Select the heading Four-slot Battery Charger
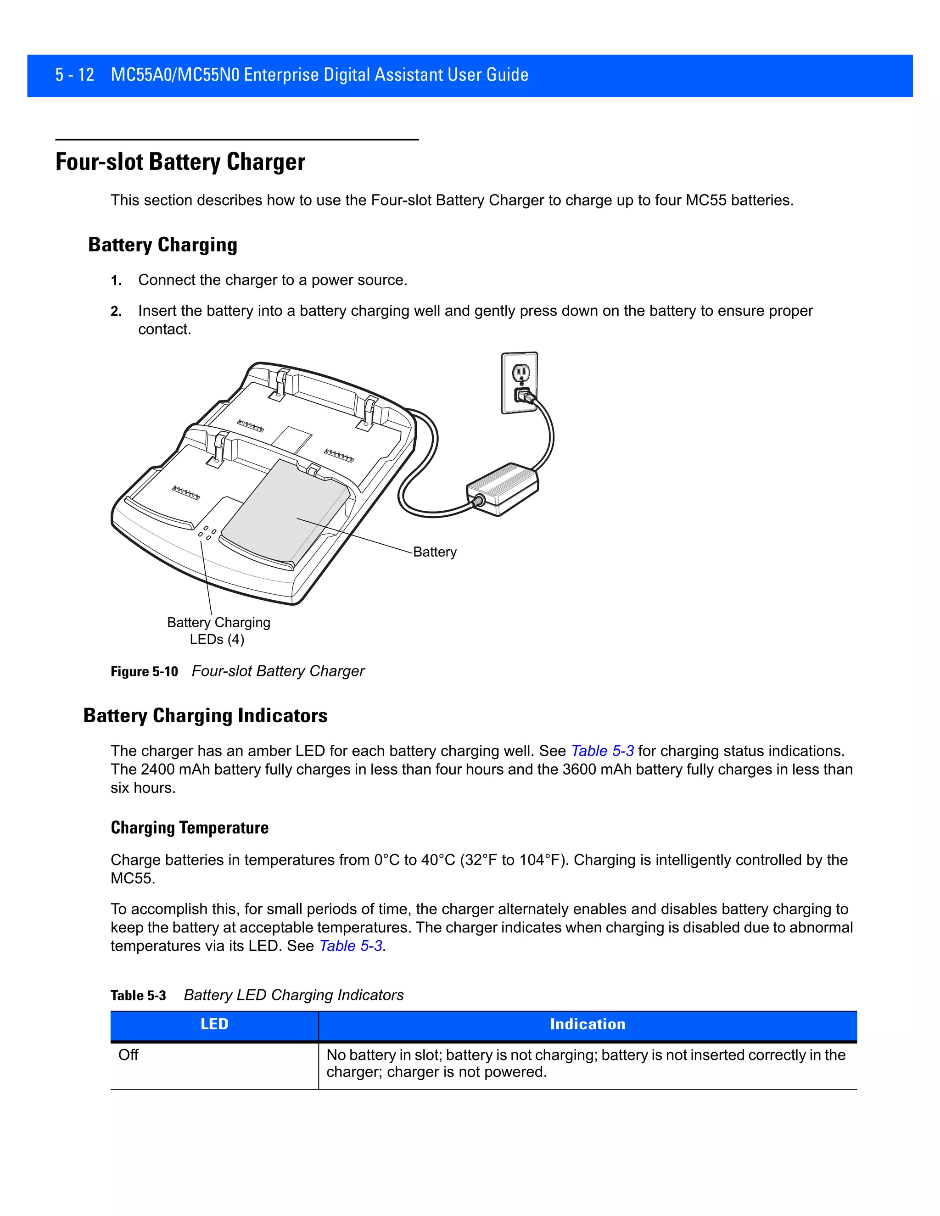click(180, 162)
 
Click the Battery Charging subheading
click(162, 245)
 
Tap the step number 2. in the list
click(116, 311)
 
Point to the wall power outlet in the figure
click(520, 383)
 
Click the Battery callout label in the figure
click(434, 552)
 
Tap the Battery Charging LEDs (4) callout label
click(218, 630)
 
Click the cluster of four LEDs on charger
click(207, 533)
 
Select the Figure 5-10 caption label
click(144, 671)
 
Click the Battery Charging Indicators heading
click(205, 715)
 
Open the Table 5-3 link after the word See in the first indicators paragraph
click(602, 751)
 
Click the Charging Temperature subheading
click(190, 828)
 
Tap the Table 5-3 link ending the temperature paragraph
click(350, 946)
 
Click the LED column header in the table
click(214, 1025)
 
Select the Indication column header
click(587, 1025)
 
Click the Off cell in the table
click(129, 1055)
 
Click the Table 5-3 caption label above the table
click(138, 996)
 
